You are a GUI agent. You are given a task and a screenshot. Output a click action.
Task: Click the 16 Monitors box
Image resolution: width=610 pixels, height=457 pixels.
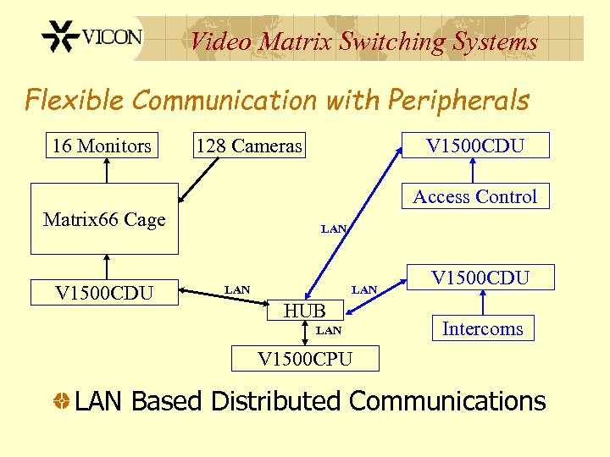pyautogui.click(x=102, y=146)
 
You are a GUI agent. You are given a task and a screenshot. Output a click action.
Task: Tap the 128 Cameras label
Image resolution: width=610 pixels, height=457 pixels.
pyautogui.click(x=248, y=146)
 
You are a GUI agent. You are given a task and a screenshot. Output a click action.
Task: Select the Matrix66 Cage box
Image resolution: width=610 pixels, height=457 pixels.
pyautogui.click(x=104, y=219)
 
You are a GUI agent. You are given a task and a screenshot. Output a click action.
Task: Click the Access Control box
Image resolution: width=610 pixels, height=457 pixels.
pyautogui.click(x=474, y=196)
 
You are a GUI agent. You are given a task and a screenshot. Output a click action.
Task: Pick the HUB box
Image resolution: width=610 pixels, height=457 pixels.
pyautogui.click(x=305, y=311)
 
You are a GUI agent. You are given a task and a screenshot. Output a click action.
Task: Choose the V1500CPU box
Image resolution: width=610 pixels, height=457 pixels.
pyautogui.click(x=305, y=359)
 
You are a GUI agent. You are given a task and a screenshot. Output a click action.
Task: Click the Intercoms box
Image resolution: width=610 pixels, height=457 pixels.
pyautogui.click(x=482, y=328)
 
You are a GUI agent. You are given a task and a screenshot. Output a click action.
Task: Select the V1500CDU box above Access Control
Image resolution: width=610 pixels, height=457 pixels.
pyautogui.click(x=475, y=146)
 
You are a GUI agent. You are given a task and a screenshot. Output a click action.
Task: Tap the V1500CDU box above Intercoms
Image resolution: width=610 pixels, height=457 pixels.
pyautogui.click(x=480, y=278)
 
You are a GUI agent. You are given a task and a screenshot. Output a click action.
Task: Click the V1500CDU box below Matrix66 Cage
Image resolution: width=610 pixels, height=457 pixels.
pyautogui.click(x=104, y=293)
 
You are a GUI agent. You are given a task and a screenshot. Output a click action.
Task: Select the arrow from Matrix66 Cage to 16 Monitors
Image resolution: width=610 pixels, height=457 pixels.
pyautogui.click(x=107, y=170)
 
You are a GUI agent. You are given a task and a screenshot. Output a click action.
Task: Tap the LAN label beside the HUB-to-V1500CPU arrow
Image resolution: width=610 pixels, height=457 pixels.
pyautogui.click(x=329, y=330)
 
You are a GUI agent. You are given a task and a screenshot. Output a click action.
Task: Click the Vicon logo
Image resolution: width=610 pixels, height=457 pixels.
pyautogui.click(x=92, y=38)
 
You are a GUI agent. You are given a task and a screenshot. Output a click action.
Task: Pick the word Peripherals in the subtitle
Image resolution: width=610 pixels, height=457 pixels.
pyautogui.click(x=458, y=100)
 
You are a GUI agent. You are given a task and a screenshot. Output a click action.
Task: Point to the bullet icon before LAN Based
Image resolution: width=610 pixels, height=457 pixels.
pyautogui.click(x=60, y=401)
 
